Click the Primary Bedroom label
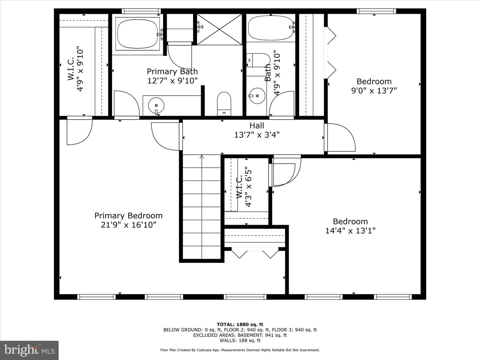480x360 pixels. pyautogui.click(x=128, y=216)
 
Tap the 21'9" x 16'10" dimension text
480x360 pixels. pyautogui.click(x=128, y=225)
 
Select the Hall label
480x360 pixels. pyautogui.click(x=257, y=125)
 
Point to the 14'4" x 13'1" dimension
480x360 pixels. pyautogui.click(x=350, y=231)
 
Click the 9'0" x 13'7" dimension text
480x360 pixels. pyautogui.click(x=374, y=90)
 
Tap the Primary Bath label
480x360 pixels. pyautogui.click(x=172, y=71)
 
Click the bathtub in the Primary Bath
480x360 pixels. pyautogui.click(x=138, y=34)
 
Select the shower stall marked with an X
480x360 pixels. pyautogui.click(x=220, y=29)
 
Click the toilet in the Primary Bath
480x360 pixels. pyautogui.click(x=224, y=104)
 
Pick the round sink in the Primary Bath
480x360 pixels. pyautogui.click(x=156, y=105)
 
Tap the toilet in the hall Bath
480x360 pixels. pyautogui.click(x=258, y=60)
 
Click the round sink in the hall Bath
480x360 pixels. pyautogui.click(x=257, y=96)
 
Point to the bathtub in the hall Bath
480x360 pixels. pyautogui.click(x=271, y=28)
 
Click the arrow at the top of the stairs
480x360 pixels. pyautogui.click(x=202, y=157)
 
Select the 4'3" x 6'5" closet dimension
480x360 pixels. pyautogui.click(x=249, y=187)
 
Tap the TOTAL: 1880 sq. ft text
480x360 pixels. pyautogui.click(x=240, y=325)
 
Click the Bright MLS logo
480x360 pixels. pyautogui.click(x=29, y=350)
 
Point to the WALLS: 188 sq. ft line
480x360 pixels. pyautogui.click(x=240, y=340)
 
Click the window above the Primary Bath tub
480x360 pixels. pyautogui.click(x=141, y=11)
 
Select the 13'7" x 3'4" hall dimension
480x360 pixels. pyautogui.click(x=257, y=135)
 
